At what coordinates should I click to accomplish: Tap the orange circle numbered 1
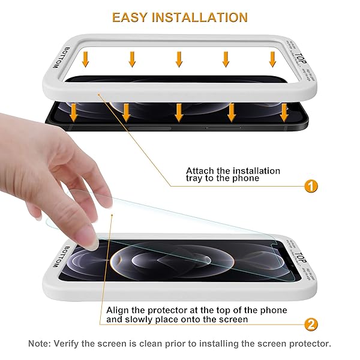(310, 186)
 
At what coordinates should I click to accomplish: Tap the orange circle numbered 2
(310, 325)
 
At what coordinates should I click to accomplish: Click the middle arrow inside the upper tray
(179, 59)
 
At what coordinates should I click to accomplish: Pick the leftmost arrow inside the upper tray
(86, 58)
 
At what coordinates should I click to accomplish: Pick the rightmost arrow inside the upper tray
(272, 59)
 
